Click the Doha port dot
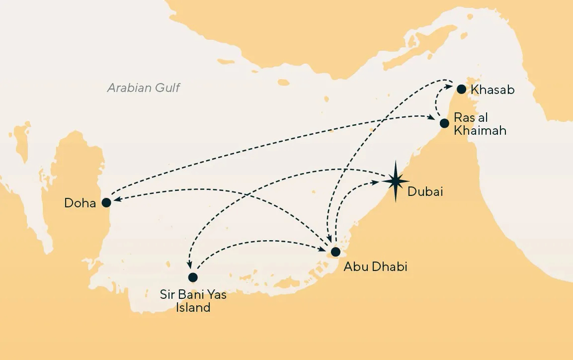pyautogui.click(x=106, y=202)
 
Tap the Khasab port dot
pyautogui.click(x=462, y=90)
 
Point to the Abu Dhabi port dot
pyautogui.click(x=336, y=251)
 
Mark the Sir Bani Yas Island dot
pyautogui.click(x=193, y=277)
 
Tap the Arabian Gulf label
pyautogui.click(x=144, y=89)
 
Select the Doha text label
pyautogui.click(x=80, y=203)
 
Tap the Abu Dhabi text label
pyautogui.click(x=375, y=267)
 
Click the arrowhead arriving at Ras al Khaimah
pyautogui.click(x=432, y=118)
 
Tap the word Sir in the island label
pyautogui.click(x=167, y=295)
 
